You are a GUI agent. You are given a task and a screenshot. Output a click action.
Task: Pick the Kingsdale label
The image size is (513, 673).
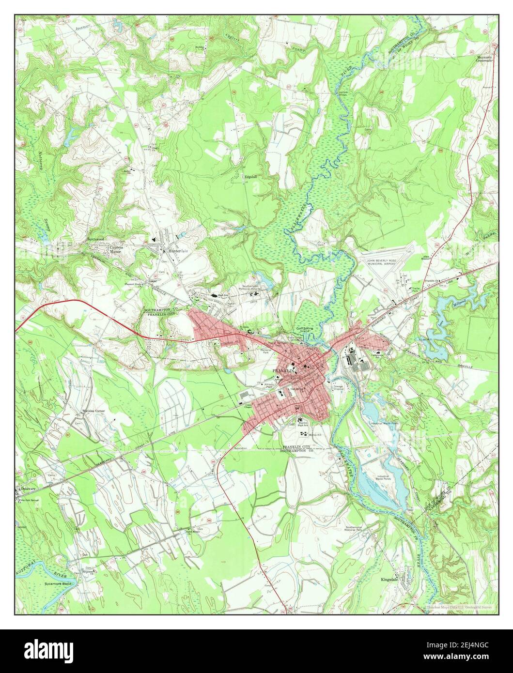391,579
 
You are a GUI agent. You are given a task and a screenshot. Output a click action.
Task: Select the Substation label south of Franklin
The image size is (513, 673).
240,448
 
